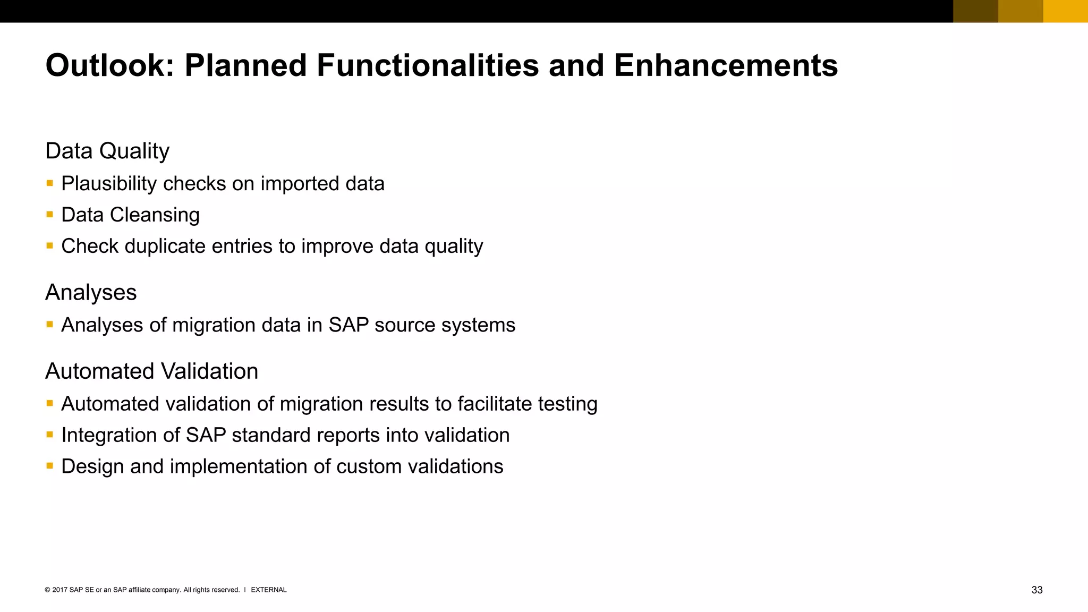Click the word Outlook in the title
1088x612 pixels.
109,66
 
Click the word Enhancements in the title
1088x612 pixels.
726,66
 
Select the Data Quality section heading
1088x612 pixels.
107,151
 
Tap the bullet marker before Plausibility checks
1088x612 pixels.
50,183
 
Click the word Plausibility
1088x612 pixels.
109,184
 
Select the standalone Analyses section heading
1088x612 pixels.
91,293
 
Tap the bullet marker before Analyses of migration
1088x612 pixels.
50,324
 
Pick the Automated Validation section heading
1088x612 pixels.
152,371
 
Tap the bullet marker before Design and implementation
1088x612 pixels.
50,466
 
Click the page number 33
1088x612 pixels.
1036,590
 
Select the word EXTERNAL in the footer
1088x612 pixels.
268,590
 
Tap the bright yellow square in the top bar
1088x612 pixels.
1065,11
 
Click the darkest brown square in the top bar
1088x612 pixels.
975,11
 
